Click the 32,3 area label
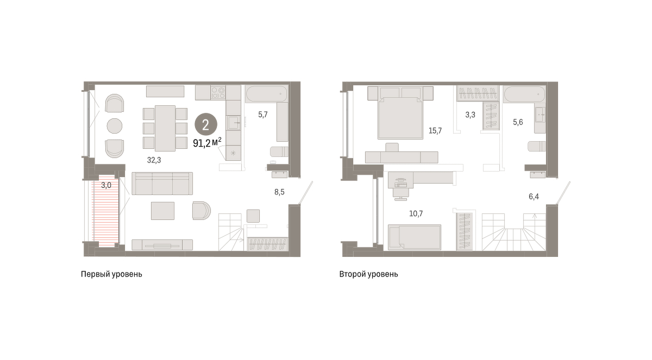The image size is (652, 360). pyautogui.click(x=154, y=160)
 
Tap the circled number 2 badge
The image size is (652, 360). pyautogui.click(x=206, y=125)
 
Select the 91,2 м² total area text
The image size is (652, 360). pyautogui.click(x=207, y=143)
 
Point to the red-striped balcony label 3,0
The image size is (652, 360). pyautogui.click(x=106, y=185)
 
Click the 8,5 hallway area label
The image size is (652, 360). pyautogui.click(x=279, y=192)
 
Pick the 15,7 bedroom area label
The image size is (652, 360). pyautogui.click(x=435, y=130)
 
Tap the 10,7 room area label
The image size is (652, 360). pyautogui.click(x=416, y=214)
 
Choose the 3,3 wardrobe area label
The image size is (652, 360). pyautogui.click(x=470, y=115)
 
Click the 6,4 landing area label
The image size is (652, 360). pyautogui.click(x=534, y=197)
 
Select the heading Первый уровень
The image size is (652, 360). pyautogui.click(x=111, y=274)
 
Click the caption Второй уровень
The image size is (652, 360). pyautogui.click(x=368, y=274)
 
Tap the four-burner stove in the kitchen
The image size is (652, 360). pyautogui.click(x=218, y=92)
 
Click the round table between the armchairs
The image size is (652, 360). pyautogui.click(x=115, y=126)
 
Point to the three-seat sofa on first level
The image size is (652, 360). pyautogui.click(x=162, y=184)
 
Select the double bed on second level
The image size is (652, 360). pyautogui.click(x=400, y=113)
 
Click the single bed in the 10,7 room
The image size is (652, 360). pyautogui.click(x=414, y=237)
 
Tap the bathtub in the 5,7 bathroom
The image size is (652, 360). pyautogui.click(x=266, y=93)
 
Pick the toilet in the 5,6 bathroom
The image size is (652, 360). pyautogui.click(x=537, y=146)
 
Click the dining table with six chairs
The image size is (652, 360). pyautogui.click(x=165, y=128)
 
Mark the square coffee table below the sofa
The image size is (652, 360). pyautogui.click(x=162, y=211)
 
